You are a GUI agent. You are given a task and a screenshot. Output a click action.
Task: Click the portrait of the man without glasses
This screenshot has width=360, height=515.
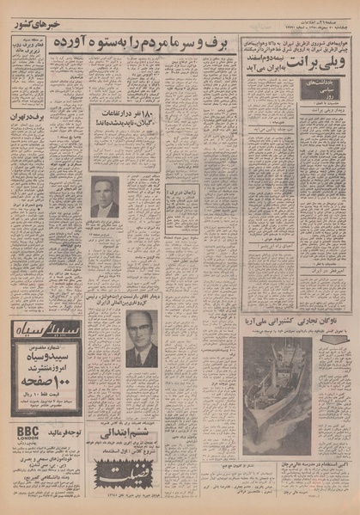105,197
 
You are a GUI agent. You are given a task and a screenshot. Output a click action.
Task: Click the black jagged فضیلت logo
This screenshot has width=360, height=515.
126,469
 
